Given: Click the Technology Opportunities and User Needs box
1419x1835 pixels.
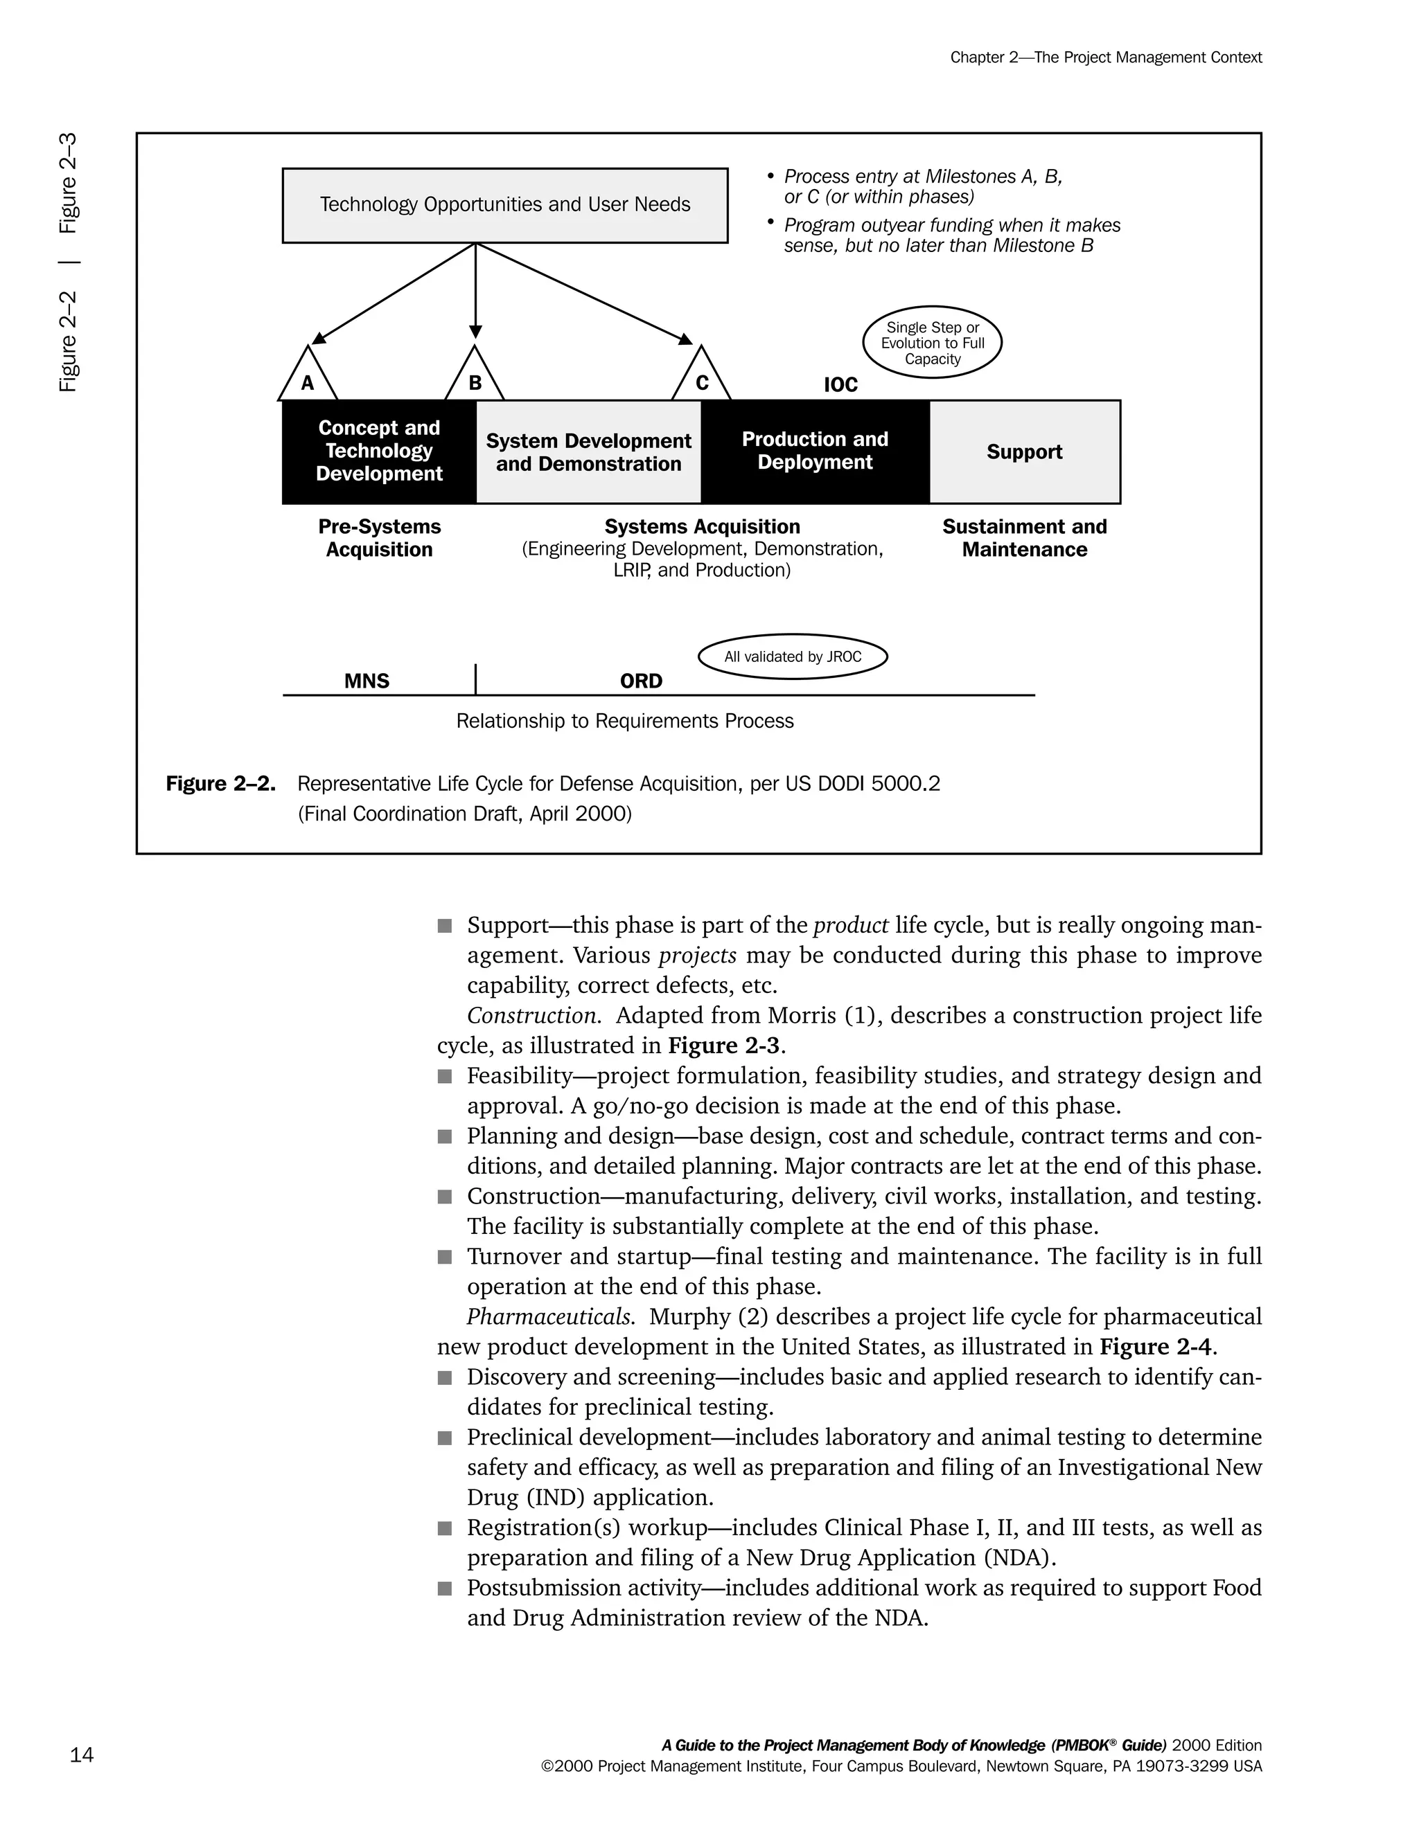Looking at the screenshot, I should (504, 205).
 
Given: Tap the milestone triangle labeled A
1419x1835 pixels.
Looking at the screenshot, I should (308, 378).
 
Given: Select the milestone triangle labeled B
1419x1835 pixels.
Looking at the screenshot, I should (474, 378).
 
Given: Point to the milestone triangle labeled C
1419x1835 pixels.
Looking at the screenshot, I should (701, 378).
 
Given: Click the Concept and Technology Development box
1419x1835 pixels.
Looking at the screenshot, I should (379, 451).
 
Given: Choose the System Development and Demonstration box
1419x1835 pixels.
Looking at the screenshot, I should (588, 452).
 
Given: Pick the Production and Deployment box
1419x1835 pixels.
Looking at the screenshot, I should (815, 451).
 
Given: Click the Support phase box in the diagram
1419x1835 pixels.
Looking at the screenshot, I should (1024, 452).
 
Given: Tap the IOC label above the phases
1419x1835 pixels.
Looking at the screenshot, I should (840, 385).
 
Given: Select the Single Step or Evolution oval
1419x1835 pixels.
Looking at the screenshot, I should (933, 343).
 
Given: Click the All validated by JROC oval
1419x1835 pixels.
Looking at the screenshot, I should (793, 656).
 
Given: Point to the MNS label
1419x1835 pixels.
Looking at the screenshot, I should (367, 681).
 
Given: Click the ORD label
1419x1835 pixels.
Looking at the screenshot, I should (641, 681).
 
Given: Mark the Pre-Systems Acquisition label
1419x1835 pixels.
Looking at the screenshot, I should (379, 538).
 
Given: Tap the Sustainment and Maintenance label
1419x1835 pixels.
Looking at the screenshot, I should (1024, 538).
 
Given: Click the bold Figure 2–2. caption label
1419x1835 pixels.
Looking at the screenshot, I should (220, 784).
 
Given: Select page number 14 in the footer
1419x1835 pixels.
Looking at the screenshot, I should (82, 1755).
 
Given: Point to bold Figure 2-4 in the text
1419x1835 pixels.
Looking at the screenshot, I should (1156, 1347).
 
